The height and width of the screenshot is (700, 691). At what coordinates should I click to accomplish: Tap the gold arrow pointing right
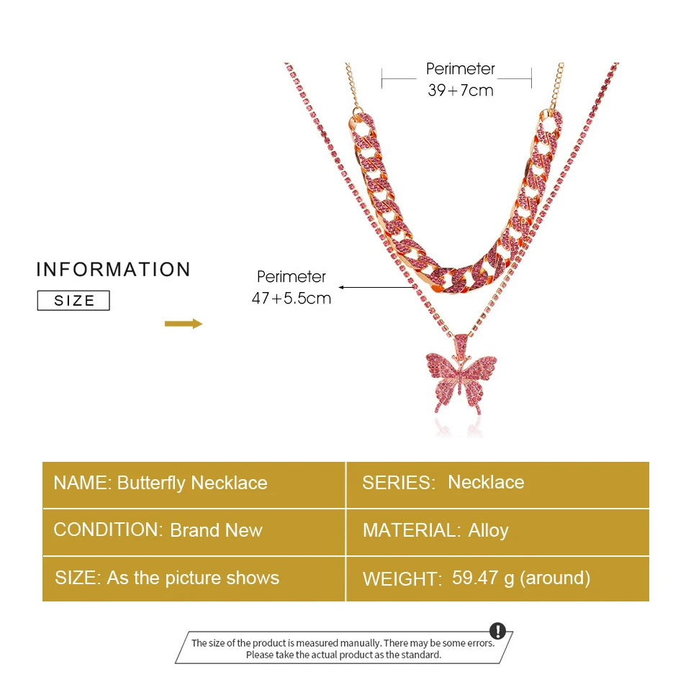coord(184,324)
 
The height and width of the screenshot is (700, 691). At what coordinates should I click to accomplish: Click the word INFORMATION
coord(114,270)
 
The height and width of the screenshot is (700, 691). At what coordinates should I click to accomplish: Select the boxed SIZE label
coord(73,301)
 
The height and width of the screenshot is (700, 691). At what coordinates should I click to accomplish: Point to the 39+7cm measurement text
coord(461,91)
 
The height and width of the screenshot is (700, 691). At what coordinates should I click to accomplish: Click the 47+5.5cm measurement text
coord(292,298)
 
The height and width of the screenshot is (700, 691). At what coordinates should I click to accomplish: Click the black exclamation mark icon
coord(497,631)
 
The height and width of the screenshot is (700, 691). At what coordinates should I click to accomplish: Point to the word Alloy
coord(489,531)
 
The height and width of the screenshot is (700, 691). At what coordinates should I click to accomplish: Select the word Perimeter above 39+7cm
coord(461,69)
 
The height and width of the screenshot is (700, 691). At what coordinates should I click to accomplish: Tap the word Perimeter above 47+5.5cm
coord(292,277)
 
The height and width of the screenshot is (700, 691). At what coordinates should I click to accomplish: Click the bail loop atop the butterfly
coord(457,338)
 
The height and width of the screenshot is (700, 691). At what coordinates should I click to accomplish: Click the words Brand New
coord(216,531)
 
